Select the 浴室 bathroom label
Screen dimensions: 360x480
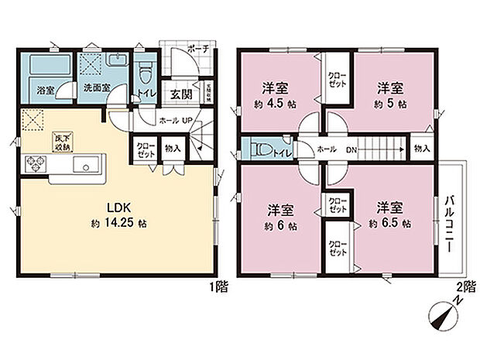pos(46,90)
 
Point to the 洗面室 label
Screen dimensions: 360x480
pos(97,90)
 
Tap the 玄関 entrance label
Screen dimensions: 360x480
pos(181,94)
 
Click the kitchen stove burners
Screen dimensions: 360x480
pos(36,165)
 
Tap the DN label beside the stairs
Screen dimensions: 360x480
pos(350,149)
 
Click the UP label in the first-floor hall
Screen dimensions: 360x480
pos(186,121)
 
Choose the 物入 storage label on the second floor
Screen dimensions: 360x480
pos(421,148)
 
